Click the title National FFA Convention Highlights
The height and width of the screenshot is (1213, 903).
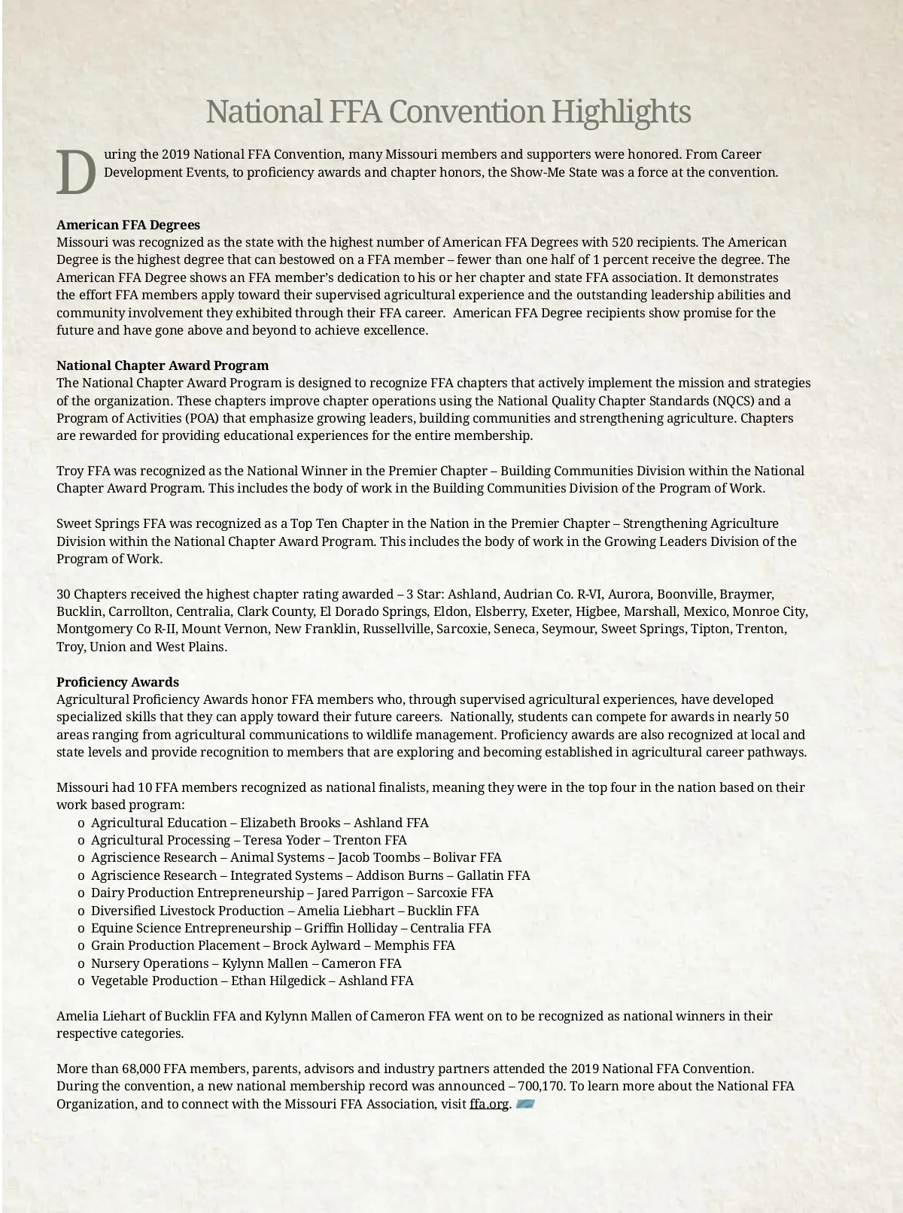click(448, 112)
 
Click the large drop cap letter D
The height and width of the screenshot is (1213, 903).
click(76, 171)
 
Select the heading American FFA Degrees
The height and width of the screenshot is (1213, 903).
click(128, 225)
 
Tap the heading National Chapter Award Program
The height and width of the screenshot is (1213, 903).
click(163, 365)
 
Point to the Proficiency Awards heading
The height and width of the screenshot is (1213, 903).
click(117, 682)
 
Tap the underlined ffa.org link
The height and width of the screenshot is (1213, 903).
click(489, 1104)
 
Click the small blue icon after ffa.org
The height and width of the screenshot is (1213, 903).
click(525, 1104)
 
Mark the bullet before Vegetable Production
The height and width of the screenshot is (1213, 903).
click(81, 981)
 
